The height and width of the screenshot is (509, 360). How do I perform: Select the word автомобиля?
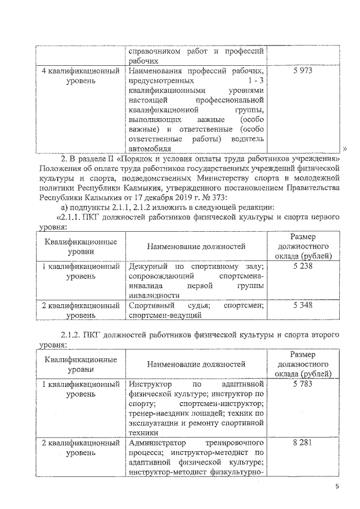point(148,149)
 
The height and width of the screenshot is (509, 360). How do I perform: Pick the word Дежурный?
point(148,267)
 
